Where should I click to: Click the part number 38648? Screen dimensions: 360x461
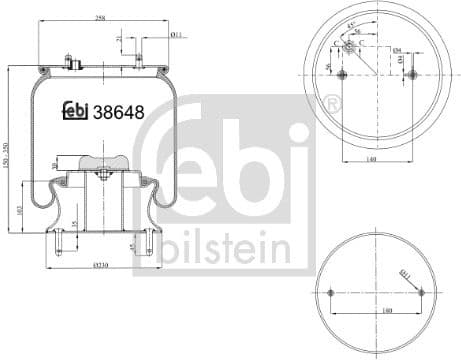118,112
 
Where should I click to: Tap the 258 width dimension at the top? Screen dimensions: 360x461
100,18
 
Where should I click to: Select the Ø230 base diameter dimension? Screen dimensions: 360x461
100,263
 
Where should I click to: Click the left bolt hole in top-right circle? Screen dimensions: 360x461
342,76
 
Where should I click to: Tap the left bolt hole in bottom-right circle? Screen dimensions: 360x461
332,292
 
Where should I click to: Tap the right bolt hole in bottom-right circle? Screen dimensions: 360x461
420,292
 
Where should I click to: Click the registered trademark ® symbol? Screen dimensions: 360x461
333,103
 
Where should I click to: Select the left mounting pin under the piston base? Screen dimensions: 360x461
59,240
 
